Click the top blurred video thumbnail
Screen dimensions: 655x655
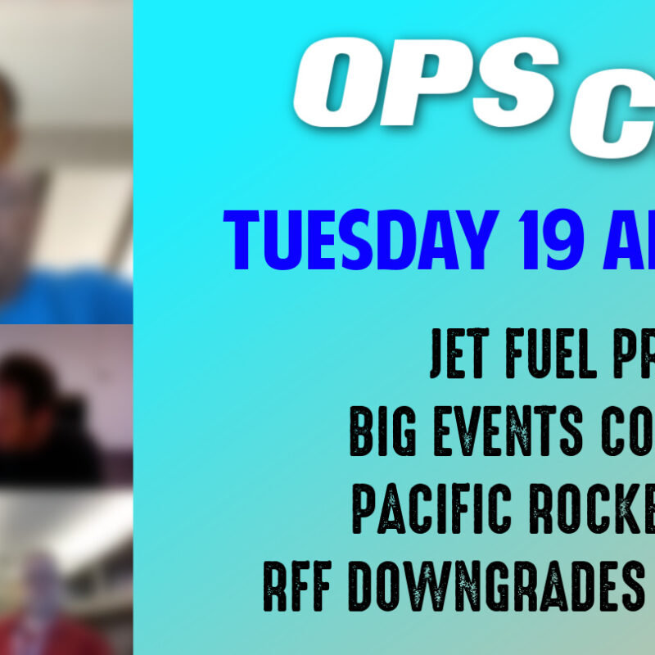(x=65, y=160)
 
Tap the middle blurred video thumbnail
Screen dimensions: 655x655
(x=65, y=405)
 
